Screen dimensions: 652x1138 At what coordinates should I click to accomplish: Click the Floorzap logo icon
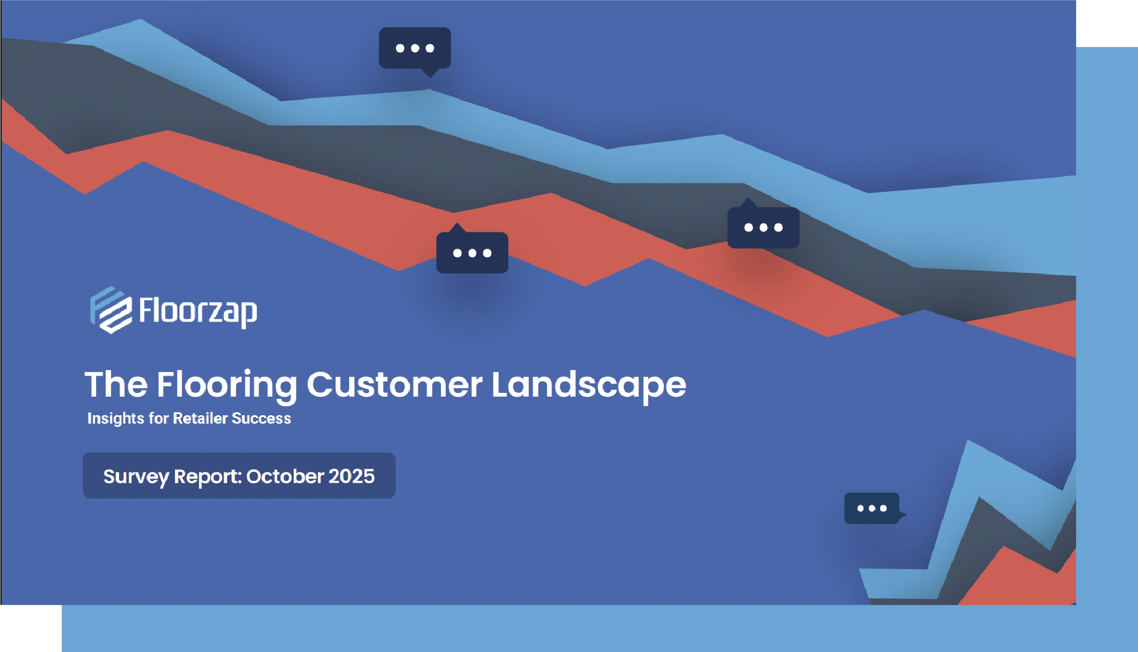coord(111,310)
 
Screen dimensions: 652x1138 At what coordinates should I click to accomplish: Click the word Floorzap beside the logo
coord(198,311)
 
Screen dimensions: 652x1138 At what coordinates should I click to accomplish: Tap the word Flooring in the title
coord(227,385)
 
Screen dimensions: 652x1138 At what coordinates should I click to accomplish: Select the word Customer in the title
coord(394,385)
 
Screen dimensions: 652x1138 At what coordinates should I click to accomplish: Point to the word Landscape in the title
coord(588,385)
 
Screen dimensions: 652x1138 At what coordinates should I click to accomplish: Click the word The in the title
coord(116,385)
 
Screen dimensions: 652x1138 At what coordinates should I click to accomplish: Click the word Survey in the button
coord(136,477)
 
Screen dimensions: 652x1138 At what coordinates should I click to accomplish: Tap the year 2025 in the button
coord(351,477)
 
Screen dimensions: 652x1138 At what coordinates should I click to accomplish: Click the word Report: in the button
coord(208,477)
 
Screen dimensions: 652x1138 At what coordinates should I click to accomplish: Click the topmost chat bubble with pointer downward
coord(415,48)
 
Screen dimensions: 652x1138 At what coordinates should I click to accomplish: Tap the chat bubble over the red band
coord(472,253)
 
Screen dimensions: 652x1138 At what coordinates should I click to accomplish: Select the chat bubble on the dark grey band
coord(763,228)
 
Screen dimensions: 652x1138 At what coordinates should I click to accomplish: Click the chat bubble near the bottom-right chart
coord(872,508)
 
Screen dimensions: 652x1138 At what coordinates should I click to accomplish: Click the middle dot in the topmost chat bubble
coord(415,48)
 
